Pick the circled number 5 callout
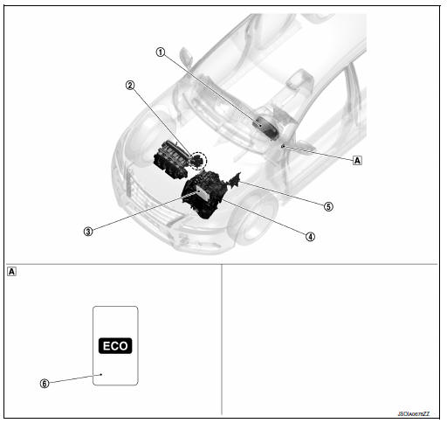tap(327, 206)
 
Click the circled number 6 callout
tap(44, 382)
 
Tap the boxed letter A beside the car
tap(356, 160)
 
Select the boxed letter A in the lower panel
tap(11, 271)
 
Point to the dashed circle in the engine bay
tap(200, 161)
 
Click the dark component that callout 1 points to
tap(264, 124)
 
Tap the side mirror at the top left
tap(185, 55)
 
